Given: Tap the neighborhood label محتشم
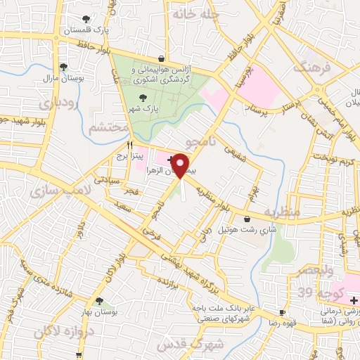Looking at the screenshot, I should [109, 127].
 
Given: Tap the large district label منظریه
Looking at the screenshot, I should [281, 212].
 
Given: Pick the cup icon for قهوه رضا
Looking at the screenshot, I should [282, 311].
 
